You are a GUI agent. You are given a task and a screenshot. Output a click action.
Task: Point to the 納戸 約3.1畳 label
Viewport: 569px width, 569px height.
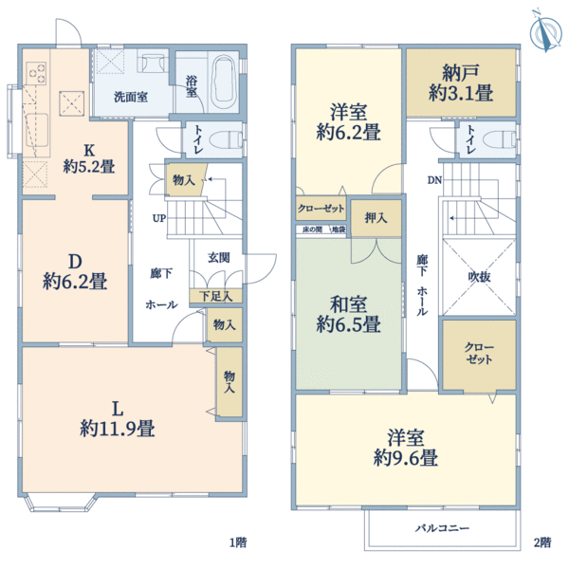(x=460, y=83)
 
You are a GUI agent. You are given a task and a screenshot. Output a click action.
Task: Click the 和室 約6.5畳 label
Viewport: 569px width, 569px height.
(x=348, y=315)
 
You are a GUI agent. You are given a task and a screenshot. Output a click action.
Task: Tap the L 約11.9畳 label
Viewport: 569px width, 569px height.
(x=118, y=418)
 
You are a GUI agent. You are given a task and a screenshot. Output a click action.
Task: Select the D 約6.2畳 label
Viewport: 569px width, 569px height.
(x=73, y=270)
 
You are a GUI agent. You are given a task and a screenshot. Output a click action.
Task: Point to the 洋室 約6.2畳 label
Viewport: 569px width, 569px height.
(x=348, y=119)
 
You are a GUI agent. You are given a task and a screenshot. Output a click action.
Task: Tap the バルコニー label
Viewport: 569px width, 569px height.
(x=443, y=527)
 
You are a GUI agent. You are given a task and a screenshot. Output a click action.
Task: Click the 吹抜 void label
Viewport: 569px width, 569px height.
(x=480, y=276)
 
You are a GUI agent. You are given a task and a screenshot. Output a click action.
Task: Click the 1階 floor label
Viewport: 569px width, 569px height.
(x=237, y=543)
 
